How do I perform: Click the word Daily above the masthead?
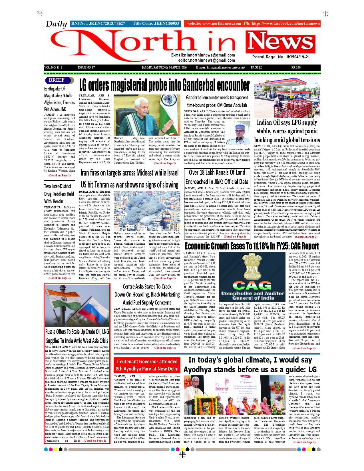pyautogui.click(x=56, y=24)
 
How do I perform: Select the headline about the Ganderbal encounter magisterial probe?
pyautogui.click(x=164, y=85)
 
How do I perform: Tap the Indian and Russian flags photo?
pyautogui.click(x=77, y=306)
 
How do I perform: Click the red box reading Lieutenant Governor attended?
pyautogui.click(x=147, y=365)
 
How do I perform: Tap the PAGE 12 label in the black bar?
pyautogui.click(x=256, y=68)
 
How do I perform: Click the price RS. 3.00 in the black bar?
pyautogui.click(x=296, y=68)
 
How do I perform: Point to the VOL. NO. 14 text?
pyautogui.click(x=52, y=68)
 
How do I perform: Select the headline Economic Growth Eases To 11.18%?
pyautogui.click(x=252, y=246)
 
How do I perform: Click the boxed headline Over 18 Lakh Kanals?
pyautogui.click(x=217, y=177)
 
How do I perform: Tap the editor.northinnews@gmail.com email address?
pyautogui.click(x=206, y=60)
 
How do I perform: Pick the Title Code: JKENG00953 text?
pyautogui.click(x=156, y=23)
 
